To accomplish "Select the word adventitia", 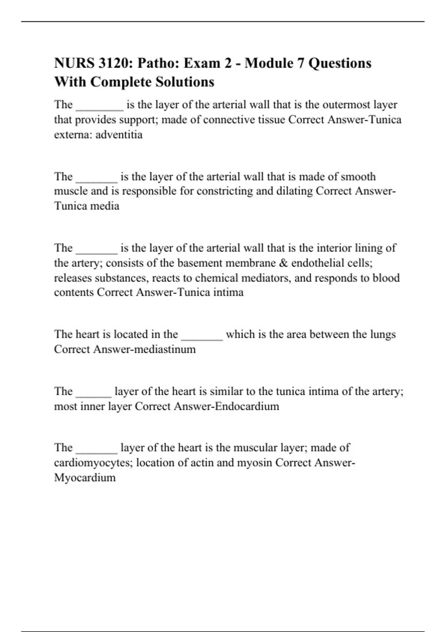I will point(119,135).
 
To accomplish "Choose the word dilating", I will point(291,191).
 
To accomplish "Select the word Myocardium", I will point(85,478).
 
